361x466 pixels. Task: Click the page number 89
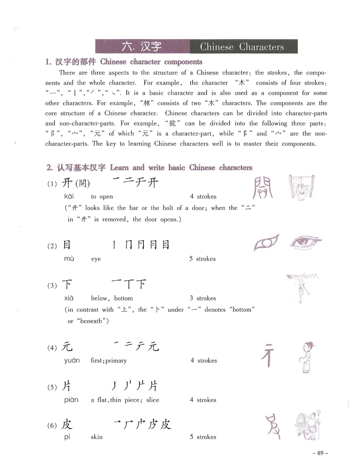tap(320, 453)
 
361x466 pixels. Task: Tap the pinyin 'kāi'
tap(69, 196)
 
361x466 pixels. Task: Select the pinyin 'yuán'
tap(72, 361)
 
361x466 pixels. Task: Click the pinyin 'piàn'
tap(71, 400)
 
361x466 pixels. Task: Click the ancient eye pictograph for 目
tap(266, 243)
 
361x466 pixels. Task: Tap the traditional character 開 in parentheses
tap(83, 184)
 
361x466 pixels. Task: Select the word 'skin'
tap(97, 437)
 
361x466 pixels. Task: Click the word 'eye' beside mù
tap(96, 259)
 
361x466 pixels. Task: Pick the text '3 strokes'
tap(203, 298)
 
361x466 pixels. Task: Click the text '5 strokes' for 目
tap(202, 259)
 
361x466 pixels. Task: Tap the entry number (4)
tap(52, 348)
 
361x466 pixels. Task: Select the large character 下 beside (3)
tap(67, 284)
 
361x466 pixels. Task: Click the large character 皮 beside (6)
tap(67, 424)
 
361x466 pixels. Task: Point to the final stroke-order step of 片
tap(153, 386)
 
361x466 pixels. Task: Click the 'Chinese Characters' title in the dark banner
tap(242, 47)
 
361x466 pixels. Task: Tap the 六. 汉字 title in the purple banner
tap(142, 47)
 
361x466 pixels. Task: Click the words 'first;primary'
tap(109, 361)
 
